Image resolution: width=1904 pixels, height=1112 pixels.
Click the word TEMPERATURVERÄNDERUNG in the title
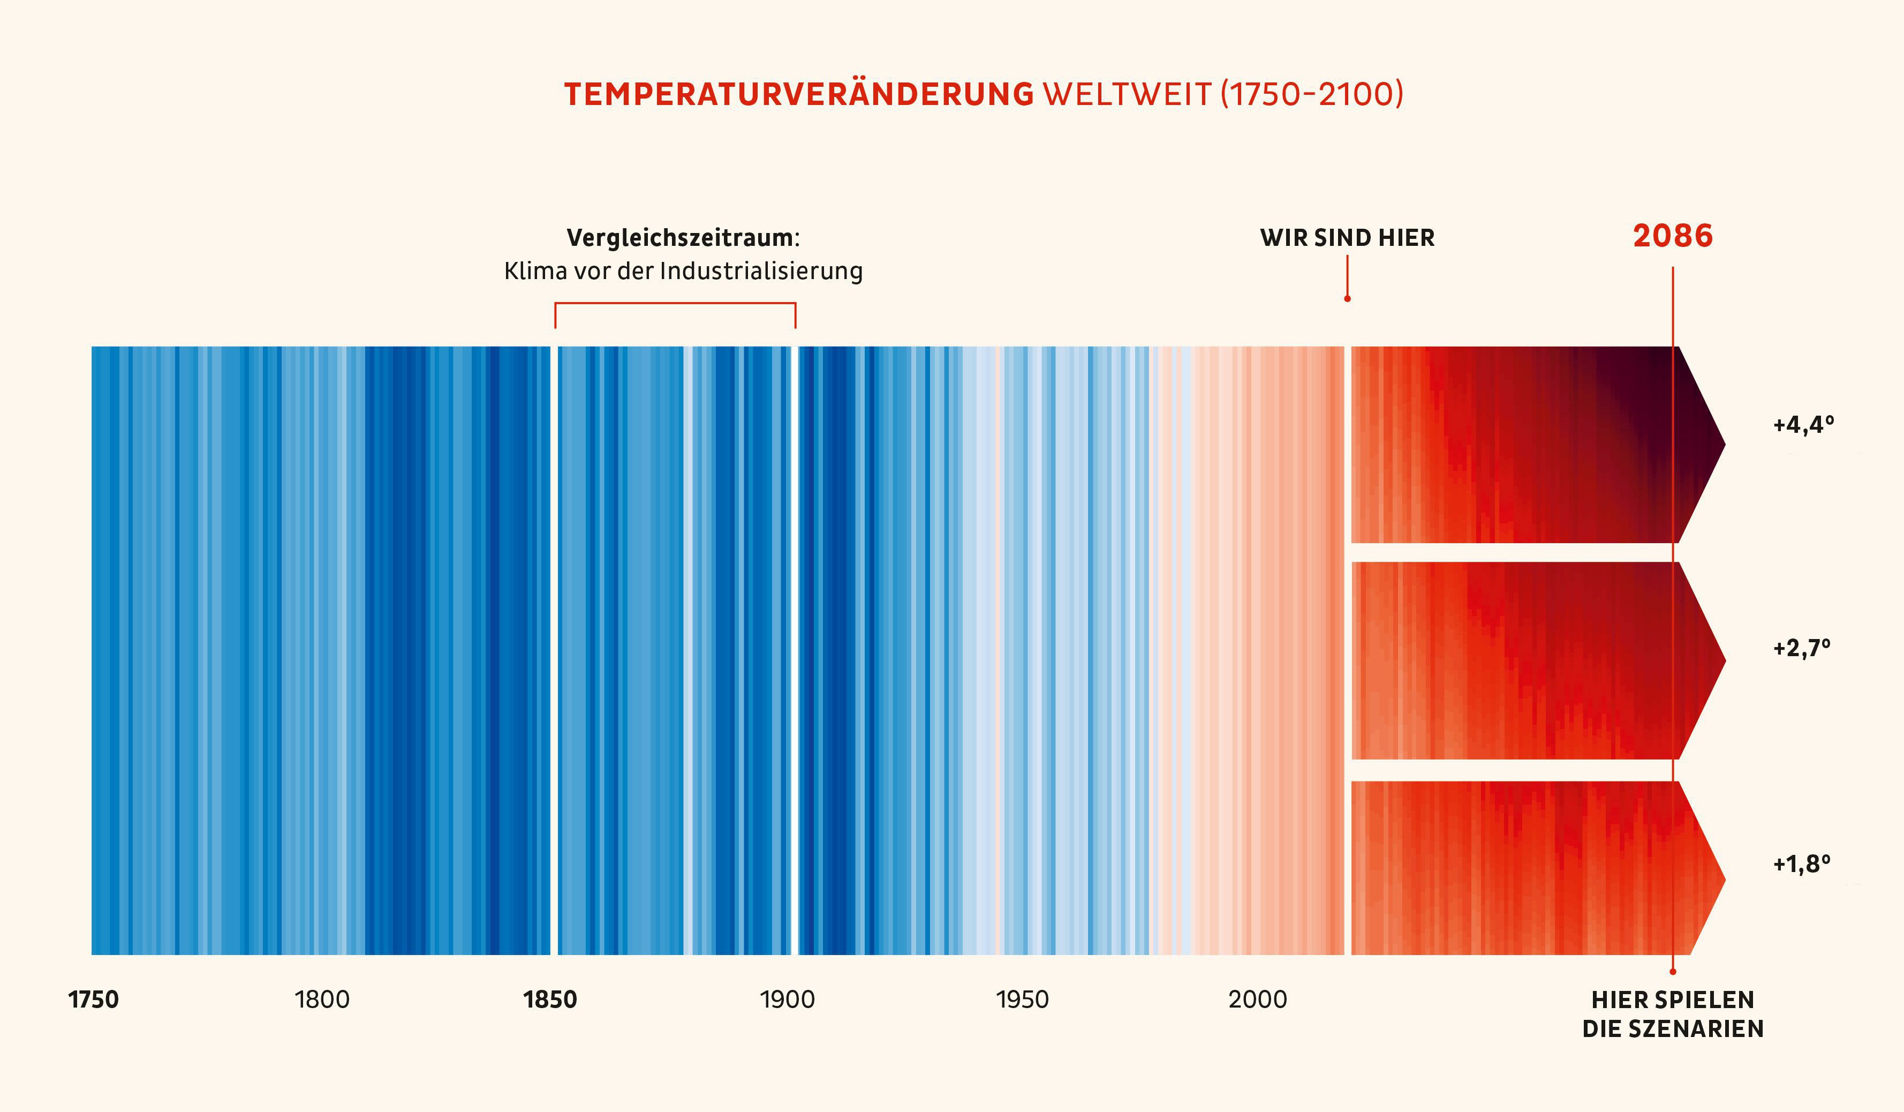pos(799,94)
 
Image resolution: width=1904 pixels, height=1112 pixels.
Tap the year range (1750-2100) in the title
pos(1312,94)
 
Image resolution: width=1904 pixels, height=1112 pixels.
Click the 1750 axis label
pos(94,1000)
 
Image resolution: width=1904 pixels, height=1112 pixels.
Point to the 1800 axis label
pos(322,1000)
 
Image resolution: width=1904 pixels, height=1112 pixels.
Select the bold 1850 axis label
pos(550,1000)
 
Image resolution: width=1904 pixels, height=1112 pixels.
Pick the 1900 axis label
pos(787,1000)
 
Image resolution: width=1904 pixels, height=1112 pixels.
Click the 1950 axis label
pos(1022,1000)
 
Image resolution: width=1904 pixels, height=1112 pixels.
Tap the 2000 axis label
pos(1257,1000)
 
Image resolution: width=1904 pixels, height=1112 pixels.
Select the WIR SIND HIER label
pos(1347,237)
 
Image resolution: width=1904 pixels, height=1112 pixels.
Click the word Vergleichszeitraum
pos(680,237)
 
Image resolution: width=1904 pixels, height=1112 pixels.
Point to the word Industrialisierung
pos(761,271)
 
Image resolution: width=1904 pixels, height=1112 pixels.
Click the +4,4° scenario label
pos(1803,425)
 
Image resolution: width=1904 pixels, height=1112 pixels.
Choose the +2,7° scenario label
pos(1802,648)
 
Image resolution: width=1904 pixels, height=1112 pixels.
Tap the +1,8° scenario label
pos(1802,863)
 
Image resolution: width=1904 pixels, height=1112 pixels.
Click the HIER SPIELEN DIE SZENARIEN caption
pos(1673,1014)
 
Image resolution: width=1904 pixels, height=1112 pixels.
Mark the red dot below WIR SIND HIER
pos(1347,298)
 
